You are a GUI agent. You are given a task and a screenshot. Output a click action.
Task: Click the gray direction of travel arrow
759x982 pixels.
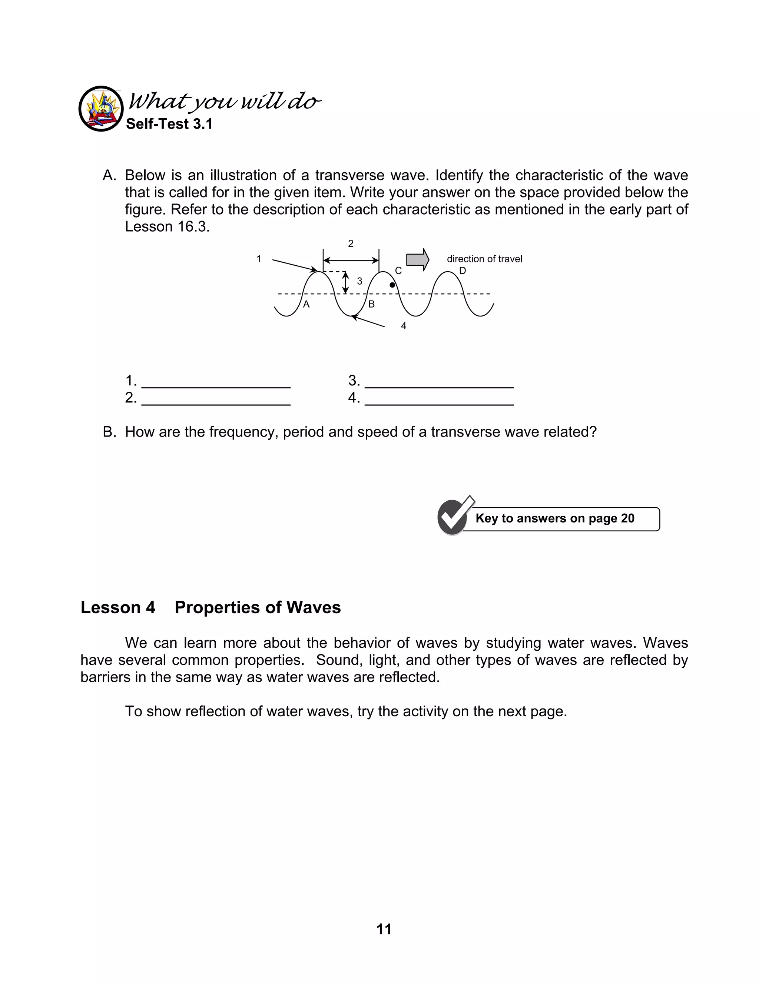(417, 259)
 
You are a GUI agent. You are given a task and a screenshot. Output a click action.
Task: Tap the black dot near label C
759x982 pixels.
(392, 285)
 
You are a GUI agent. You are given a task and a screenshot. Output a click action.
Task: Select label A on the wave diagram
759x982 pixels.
(306, 304)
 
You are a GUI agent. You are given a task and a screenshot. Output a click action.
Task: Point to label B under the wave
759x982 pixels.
(371, 304)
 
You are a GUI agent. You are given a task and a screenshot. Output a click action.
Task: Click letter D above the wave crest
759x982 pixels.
(462, 271)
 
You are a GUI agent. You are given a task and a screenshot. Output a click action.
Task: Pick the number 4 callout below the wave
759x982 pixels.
(403, 326)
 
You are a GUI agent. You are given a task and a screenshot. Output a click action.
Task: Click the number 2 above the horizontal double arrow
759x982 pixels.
(351, 244)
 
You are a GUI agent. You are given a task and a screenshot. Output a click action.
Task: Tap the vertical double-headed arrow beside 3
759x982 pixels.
(345, 282)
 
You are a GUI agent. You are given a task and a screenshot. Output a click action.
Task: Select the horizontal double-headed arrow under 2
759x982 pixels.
(351, 261)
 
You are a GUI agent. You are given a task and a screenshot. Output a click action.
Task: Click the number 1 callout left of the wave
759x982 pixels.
(259, 259)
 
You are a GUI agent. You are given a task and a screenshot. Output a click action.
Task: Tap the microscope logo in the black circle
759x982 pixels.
(101, 109)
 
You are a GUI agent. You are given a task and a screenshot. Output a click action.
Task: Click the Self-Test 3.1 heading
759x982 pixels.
(169, 124)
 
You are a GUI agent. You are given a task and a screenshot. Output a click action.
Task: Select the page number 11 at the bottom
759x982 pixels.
(384, 929)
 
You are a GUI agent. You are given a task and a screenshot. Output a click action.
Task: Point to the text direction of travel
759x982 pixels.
(484, 259)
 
